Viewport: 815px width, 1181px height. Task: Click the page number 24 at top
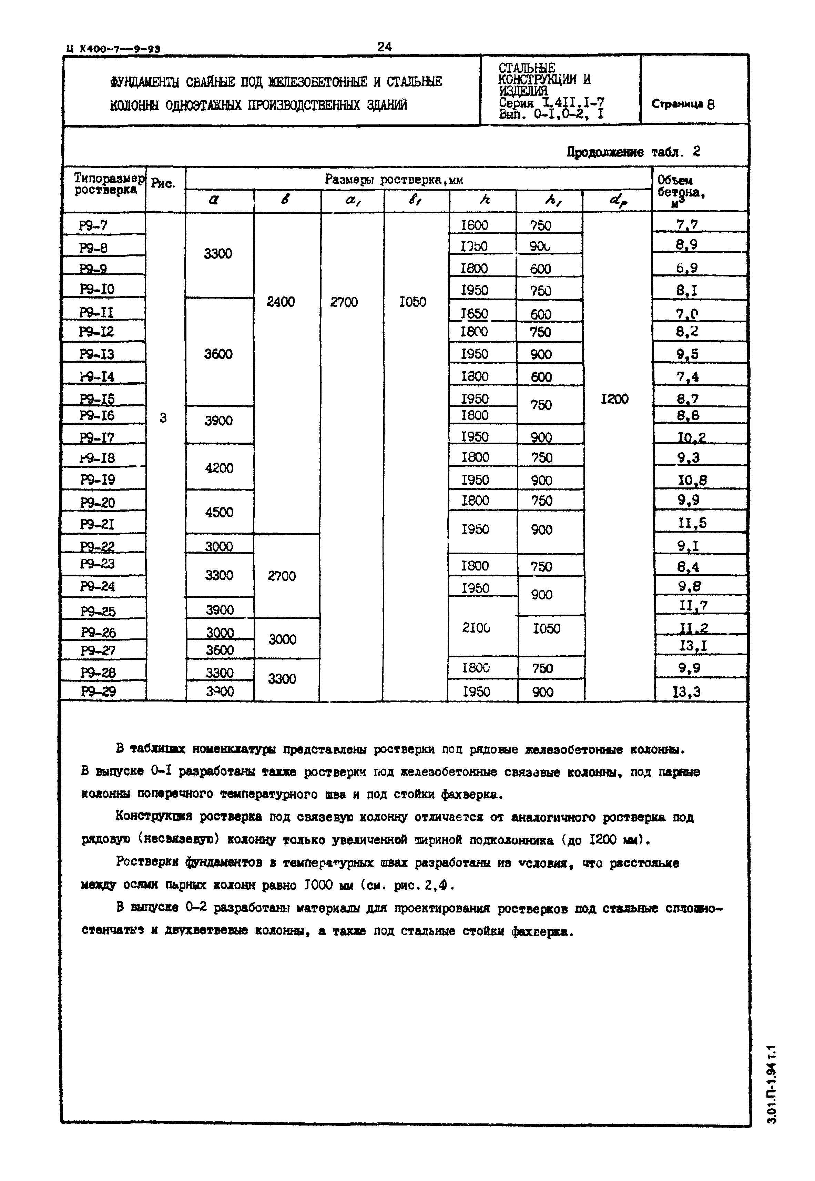(384, 47)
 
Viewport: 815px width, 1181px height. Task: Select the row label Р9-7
(93, 225)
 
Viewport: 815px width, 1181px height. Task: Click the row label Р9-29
(98, 692)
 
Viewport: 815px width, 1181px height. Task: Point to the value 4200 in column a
(219, 468)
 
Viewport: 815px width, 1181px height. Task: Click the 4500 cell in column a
(219, 512)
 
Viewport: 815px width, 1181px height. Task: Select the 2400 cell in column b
(281, 302)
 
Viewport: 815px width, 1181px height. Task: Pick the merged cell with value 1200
(614, 399)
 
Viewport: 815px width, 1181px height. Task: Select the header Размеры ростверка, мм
(394, 179)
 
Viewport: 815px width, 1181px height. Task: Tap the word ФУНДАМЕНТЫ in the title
(144, 82)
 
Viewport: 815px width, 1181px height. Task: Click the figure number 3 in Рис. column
(163, 418)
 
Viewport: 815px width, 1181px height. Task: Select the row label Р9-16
(97, 415)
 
